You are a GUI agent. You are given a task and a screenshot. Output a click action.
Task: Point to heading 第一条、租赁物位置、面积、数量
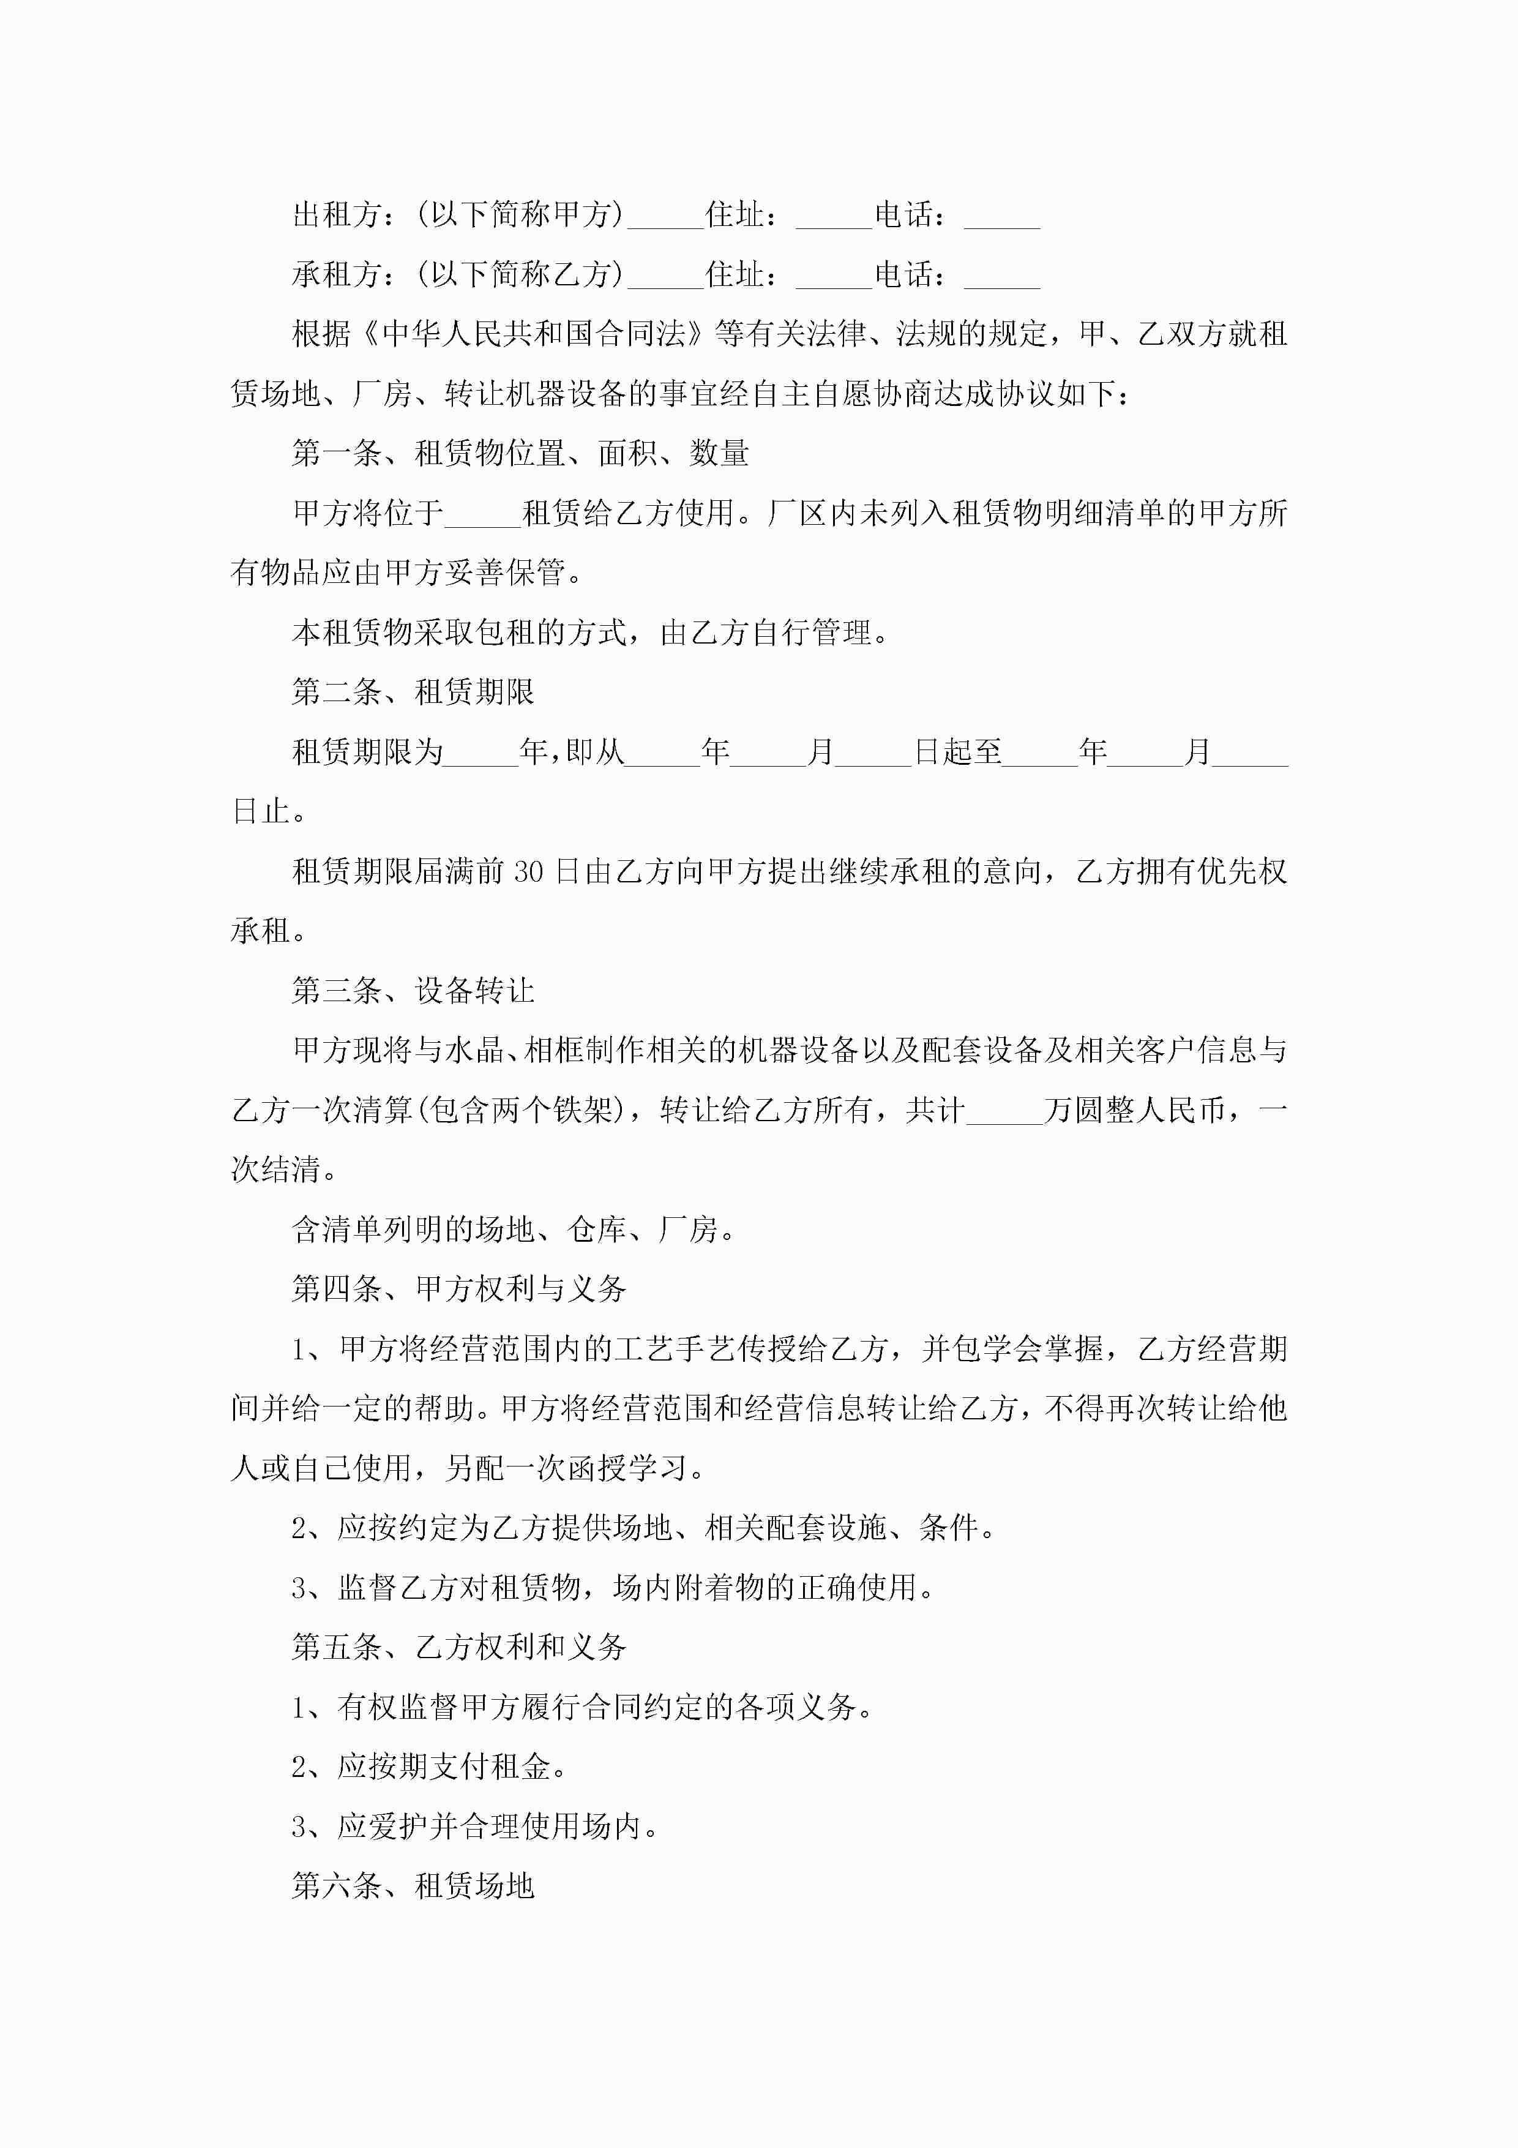520,454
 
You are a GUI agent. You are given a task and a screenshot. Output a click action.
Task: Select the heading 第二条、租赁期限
413,693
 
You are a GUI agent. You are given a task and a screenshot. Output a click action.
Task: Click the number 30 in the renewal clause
528,872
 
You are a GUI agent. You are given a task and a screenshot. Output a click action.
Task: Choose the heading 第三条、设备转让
413,991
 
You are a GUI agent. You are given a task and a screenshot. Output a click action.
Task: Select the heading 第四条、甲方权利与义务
458,1289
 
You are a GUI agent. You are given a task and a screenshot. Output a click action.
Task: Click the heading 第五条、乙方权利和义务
458,1648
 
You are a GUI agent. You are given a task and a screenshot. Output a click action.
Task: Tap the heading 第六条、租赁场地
413,1886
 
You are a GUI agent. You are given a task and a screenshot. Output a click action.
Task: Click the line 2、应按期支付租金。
429,1767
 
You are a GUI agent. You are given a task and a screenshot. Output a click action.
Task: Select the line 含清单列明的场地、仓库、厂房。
514,1230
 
